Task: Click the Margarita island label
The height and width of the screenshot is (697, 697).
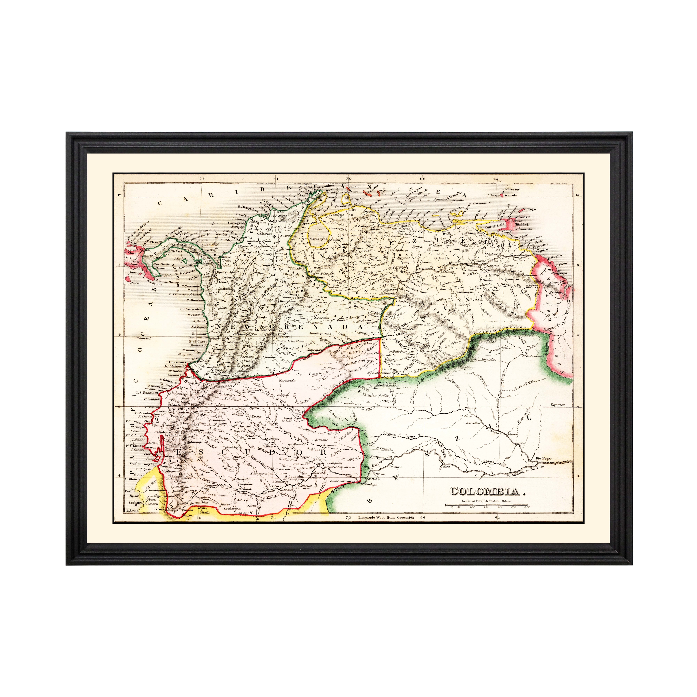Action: click(x=455, y=209)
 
